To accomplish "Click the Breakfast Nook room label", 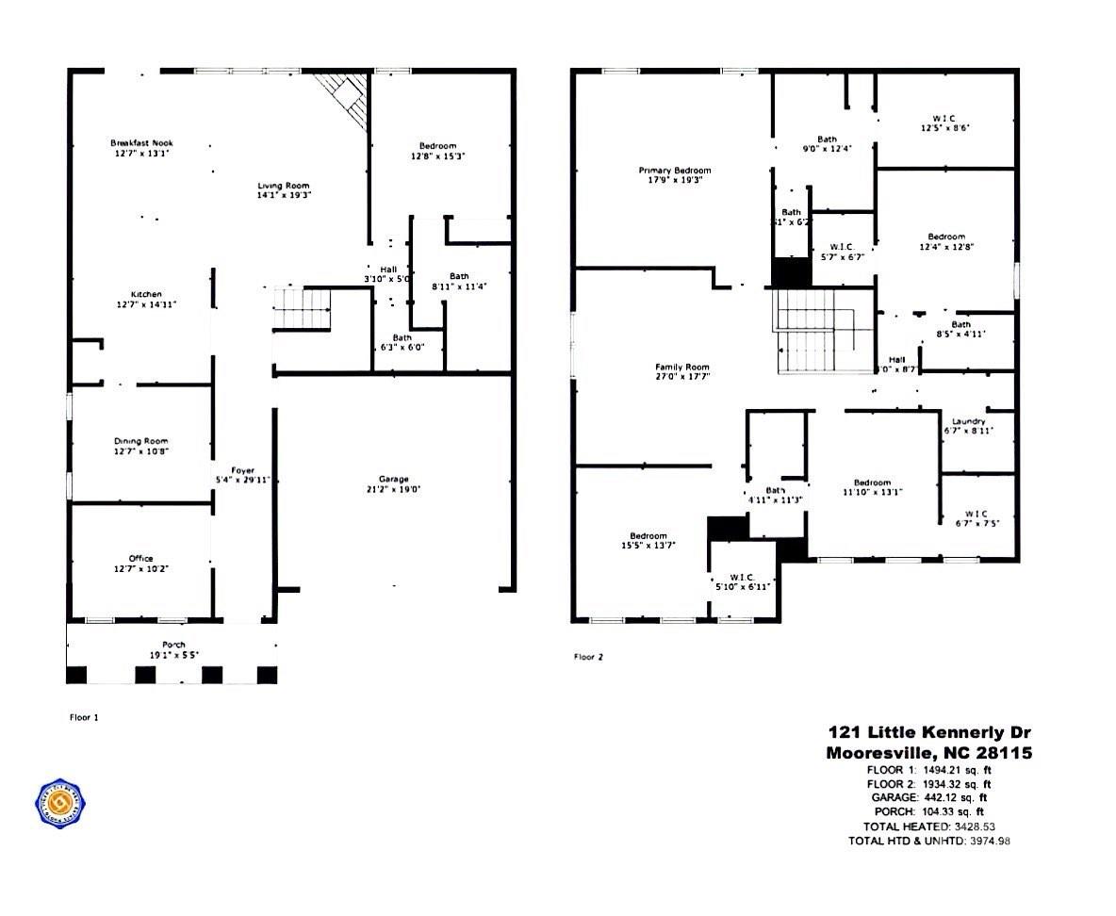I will (x=141, y=142).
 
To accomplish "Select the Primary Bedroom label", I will (x=675, y=171).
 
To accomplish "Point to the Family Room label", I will (x=682, y=367).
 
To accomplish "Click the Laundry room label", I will (x=968, y=421).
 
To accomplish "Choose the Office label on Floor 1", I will (x=141, y=558).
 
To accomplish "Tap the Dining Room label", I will (x=141, y=440).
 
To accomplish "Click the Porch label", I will (x=172, y=644).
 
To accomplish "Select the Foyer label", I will (x=244, y=469).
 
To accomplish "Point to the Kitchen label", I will (x=146, y=294).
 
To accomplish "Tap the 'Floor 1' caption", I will (x=85, y=717).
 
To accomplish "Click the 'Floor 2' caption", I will (x=588, y=657).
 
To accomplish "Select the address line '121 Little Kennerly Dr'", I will (x=928, y=732).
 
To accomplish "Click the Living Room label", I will (x=284, y=186).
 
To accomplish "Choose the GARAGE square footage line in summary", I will (x=928, y=796).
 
